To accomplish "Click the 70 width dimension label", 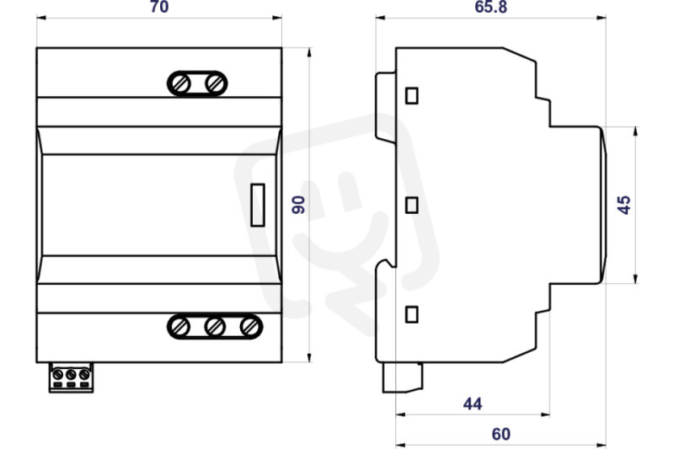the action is tap(159, 7).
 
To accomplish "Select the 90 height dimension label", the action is tap(298, 205).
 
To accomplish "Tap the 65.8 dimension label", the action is tap(490, 7).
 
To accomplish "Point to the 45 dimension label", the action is tap(623, 205).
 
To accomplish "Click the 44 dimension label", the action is tap(473, 404).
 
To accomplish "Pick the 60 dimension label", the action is tap(501, 434).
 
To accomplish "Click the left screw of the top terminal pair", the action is tap(180, 83).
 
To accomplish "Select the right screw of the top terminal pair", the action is tap(215, 83).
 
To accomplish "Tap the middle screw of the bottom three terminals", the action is tap(215, 327).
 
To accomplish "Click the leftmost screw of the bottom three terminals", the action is tap(180, 327).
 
